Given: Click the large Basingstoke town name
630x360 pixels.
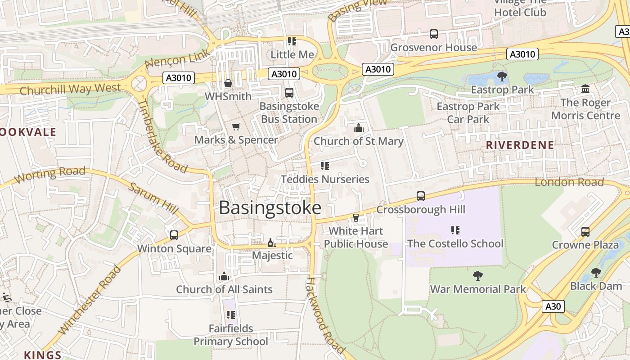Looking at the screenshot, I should pyautogui.click(x=270, y=208).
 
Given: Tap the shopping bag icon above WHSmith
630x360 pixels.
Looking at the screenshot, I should pyautogui.click(x=228, y=83).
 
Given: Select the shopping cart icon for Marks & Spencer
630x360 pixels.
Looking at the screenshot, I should pyautogui.click(x=236, y=127).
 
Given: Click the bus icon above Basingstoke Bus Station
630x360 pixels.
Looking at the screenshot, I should pyautogui.click(x=289, y=93).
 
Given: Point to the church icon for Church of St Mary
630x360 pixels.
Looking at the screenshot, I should pyautogui.click(x=359, y=128).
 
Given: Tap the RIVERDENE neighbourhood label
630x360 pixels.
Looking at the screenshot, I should pyautogui.click(x=520, y=145).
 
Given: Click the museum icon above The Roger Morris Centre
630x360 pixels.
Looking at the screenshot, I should pyautogui.click(x=585, y=89).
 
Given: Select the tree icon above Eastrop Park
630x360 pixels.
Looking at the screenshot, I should pyautogui.click(x=502, y=76).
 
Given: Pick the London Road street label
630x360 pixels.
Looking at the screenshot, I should pyautogui.click(x=569, y=182).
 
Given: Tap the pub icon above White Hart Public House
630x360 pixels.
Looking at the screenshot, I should pyautogui.click(x=356, y=218).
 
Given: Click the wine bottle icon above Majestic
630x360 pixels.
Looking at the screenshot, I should pyautogui.click(x=272, y=243).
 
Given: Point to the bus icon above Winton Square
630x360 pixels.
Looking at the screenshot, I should pyautogui.click(x=174, y=235).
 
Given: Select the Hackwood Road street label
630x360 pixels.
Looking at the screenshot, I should pyautogui.click(x=325, y=315).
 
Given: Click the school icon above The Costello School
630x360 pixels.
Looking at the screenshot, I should pyautogui.click(x=455, y=230).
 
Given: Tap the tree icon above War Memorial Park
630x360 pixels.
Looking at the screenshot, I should pyautogui.click(x=478, y=275).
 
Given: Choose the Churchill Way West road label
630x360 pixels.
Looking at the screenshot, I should pyautogui.click(x=70, y=89).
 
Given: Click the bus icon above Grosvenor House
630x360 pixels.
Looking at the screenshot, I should pyautogui.click(x=434, y=34).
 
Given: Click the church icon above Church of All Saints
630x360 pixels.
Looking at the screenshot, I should pyautogui.click(x=224, y=276).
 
